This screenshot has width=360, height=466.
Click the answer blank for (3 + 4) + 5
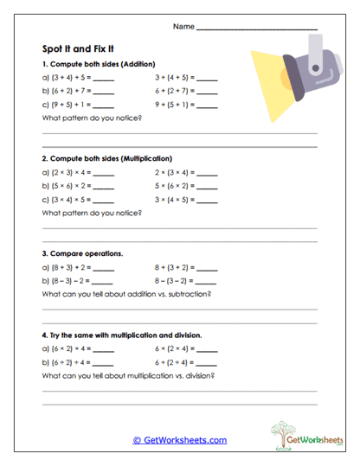click(103, 80)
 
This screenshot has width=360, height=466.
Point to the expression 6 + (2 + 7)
click(176, 92)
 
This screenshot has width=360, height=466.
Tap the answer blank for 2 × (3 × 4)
click(208, 174)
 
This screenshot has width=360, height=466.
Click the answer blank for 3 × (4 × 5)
click(208, 200)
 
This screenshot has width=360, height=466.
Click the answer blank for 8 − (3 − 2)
click(208, 281)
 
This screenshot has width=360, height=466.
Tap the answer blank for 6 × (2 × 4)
click(208, 349)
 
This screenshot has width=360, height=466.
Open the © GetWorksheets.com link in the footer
click(179, 440)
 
